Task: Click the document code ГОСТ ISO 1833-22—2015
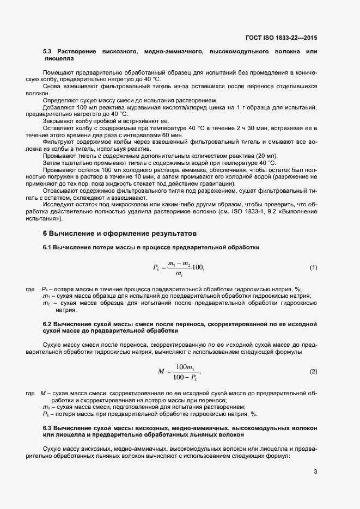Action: tap(281, 38)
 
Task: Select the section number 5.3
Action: tap(47, 51)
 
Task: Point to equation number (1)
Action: tap(313, 267)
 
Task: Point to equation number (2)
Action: tap(313, 371)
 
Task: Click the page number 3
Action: tap(315, 471)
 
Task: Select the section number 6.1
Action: tap(47, 248)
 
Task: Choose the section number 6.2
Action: tap(47, 324)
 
